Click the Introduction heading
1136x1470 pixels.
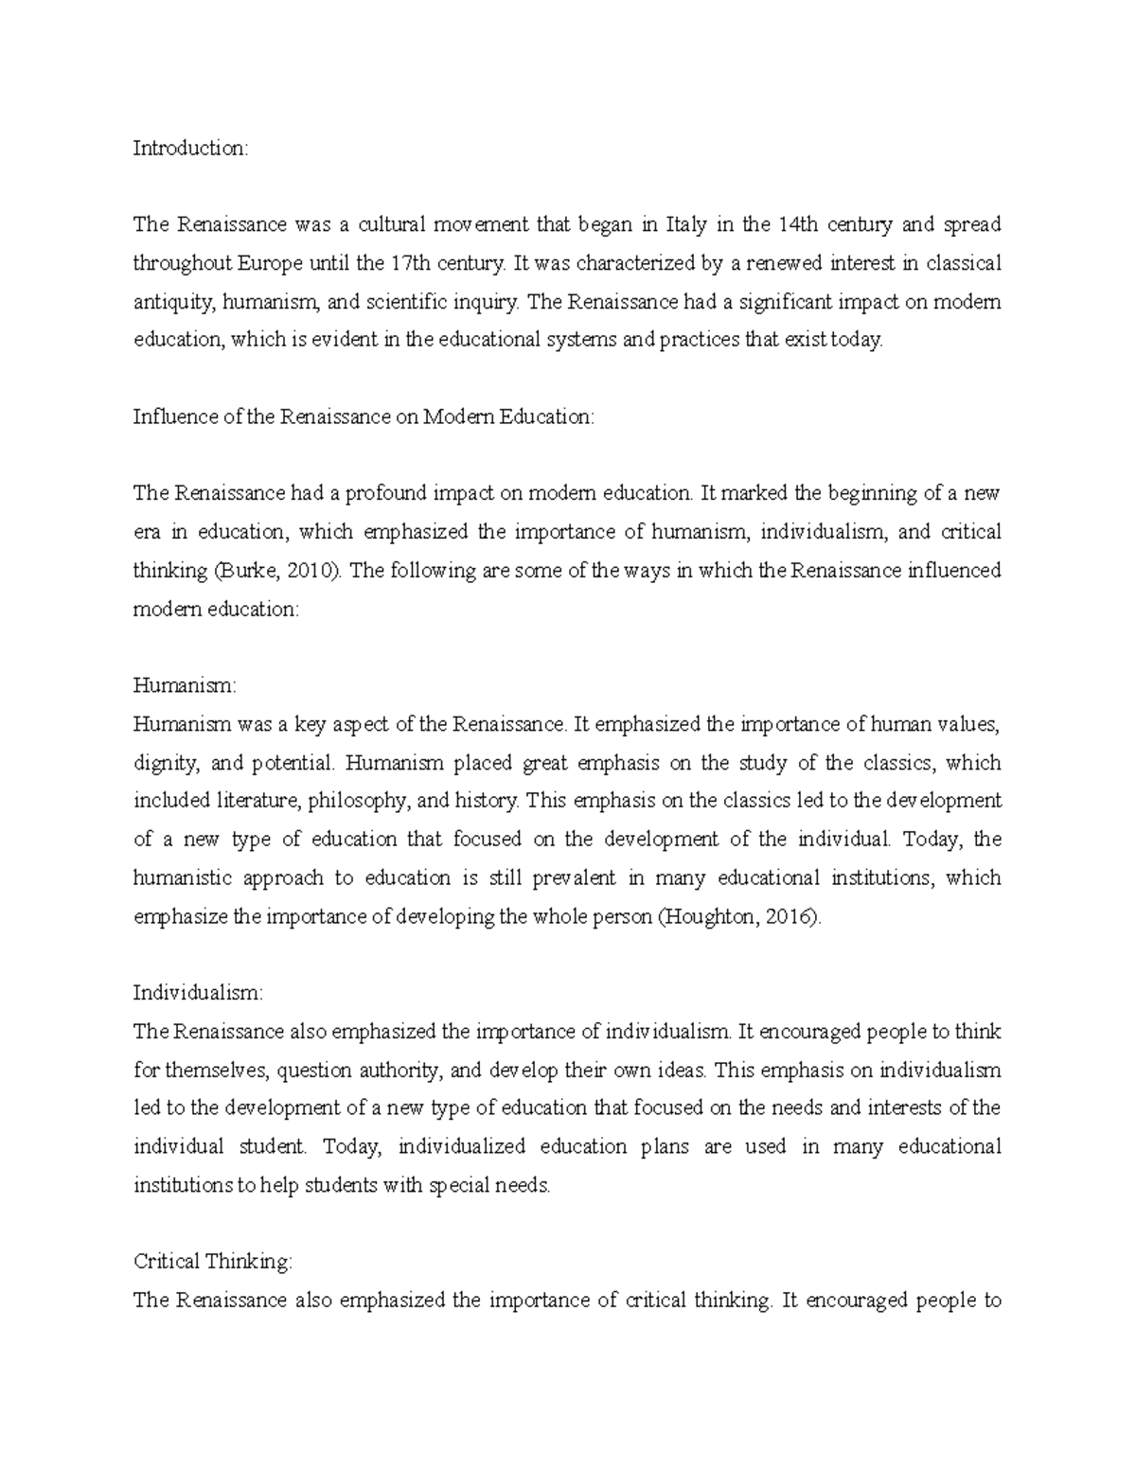189,148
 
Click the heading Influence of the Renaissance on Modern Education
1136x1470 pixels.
364,416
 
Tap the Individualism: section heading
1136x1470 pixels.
198,993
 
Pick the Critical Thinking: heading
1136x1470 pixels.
214,1262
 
